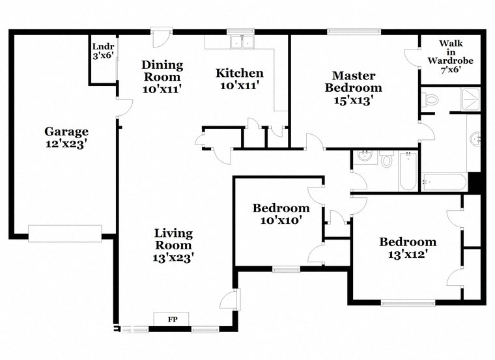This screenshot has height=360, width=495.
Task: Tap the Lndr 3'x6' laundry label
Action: pos(103,51)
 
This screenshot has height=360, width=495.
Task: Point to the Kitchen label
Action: pos(240,79)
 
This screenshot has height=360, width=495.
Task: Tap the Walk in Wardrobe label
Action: pos(450,56)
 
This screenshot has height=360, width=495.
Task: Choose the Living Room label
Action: pos(173,245)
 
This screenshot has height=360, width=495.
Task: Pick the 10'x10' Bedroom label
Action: pos(281,214)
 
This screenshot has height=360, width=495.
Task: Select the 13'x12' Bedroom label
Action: pos(408,248)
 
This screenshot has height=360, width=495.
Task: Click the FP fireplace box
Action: pos(173,319)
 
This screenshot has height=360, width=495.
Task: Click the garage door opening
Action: pos(64,233)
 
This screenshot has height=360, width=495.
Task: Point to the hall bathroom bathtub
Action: pos(408,171)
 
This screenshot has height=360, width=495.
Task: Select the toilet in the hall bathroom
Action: pos(386,159)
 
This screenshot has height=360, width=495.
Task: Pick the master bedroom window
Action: pos(354,31)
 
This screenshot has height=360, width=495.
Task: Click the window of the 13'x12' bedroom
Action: pos(408,302)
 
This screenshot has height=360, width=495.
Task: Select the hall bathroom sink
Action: pos(365,157)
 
